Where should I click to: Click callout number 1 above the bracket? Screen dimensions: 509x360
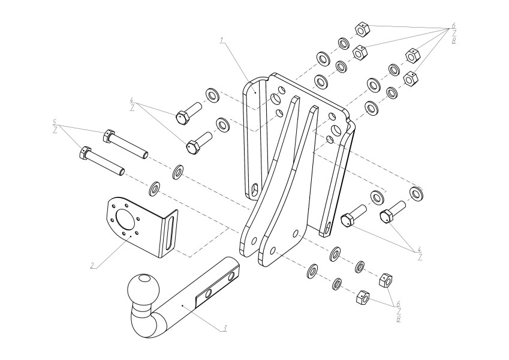[222, 41]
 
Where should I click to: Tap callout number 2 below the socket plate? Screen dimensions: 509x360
[93, 265]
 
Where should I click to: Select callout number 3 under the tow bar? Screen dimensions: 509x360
[224, 328]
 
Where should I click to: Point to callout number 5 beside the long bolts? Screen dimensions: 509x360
[55, 122]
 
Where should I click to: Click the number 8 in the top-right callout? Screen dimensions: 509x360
[453, 41]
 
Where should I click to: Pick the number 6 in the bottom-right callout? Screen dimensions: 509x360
[399, 304]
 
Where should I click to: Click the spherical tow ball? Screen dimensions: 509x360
[144, 289]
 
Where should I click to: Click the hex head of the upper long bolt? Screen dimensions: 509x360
[109, 135]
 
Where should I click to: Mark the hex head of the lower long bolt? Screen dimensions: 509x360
[85, 153]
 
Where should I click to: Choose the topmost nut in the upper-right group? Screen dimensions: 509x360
[362, 29]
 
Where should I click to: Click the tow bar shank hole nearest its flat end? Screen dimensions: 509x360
[231, 276]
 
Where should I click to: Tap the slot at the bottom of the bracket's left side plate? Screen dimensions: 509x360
[255, 188]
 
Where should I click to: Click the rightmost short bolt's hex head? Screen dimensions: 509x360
[386, 217]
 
